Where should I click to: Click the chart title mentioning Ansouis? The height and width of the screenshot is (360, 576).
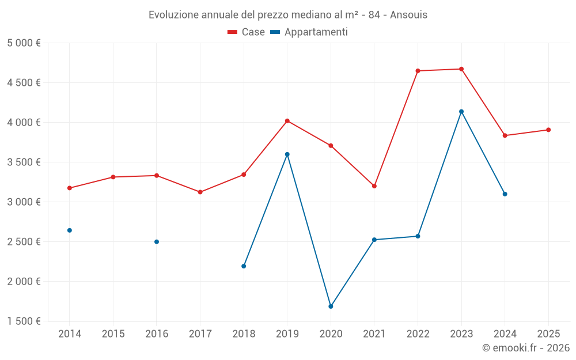tap(288, 14)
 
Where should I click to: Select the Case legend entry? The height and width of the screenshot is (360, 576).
tap(247, 32)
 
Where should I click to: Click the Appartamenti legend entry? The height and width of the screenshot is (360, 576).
tap(309, 32)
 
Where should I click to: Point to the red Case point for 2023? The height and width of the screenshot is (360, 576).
tap(461, 69)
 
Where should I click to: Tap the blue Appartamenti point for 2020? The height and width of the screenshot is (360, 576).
tap(331, 306)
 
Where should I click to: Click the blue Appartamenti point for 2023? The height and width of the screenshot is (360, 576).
tap(461, 112)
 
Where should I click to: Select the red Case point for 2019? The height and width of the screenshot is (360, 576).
tap(287, 121)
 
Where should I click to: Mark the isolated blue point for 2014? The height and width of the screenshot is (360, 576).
tap(70, 230)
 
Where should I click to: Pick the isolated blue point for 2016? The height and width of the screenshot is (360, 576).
tap(157, 242)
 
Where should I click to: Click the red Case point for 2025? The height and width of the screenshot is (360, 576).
tap(548, 130)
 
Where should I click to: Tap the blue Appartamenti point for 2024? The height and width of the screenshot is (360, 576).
tap(505, 194)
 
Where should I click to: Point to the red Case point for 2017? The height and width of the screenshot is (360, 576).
tap(200, 192)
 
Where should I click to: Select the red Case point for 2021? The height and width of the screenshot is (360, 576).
tap(374, 186)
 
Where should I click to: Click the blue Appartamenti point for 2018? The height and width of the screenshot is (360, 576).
tap(244, 266)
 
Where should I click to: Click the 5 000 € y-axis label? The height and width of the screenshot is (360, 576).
tap(24, 43)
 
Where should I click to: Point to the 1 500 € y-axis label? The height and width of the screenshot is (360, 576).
tap(24, 321)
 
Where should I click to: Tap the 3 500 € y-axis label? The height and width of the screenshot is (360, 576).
tap(24, 162)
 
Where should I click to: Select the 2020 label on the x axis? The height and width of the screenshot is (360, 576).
tap(331, 334)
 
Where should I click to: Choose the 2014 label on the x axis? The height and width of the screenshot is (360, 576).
tap(70, 334)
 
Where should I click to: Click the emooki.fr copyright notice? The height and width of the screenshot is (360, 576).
tap(525, 348)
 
